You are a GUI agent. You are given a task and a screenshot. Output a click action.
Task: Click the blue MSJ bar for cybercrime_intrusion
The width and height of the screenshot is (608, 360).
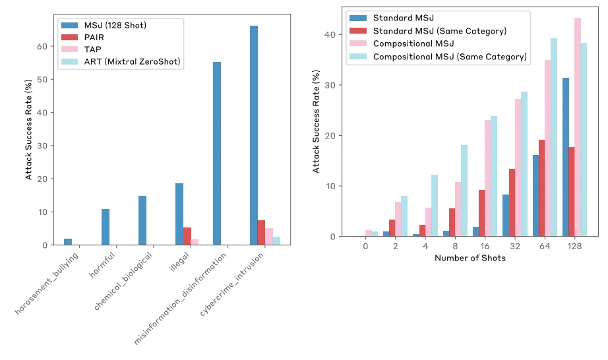pos(254,135)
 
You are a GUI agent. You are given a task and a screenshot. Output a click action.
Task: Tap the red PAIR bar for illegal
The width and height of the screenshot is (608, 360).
pos(187,236)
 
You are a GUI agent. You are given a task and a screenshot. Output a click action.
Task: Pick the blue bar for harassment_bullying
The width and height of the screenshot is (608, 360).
pos(68,241)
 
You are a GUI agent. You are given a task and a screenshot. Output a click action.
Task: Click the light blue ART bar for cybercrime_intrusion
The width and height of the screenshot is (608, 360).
pos(277,241)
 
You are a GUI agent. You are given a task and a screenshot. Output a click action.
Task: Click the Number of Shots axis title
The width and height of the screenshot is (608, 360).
pos(470,258)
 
